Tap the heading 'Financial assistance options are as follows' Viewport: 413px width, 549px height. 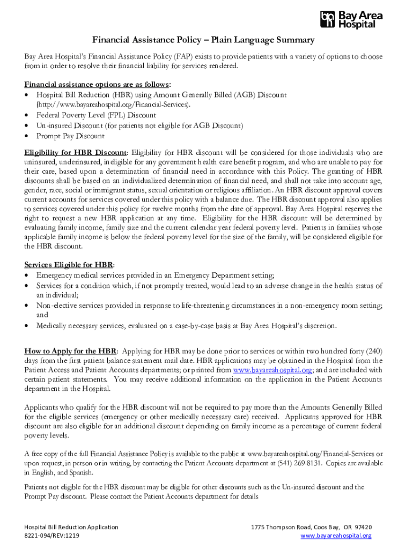97,85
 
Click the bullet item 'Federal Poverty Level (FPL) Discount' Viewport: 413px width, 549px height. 96,115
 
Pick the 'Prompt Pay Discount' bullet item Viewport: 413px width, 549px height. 70,136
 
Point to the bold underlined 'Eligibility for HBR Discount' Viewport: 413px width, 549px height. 75,152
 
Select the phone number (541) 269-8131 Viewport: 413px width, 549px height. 298,463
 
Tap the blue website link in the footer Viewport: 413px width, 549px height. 336,536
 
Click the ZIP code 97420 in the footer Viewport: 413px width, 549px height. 363,527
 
